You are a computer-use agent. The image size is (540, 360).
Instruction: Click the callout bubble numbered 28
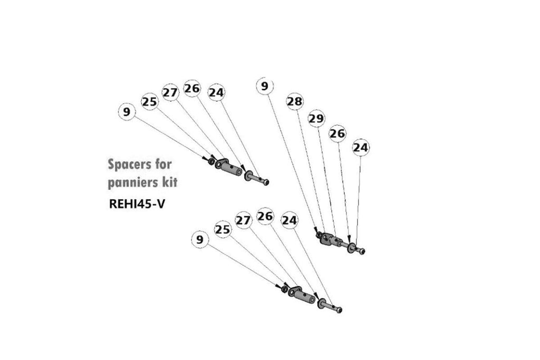(x=295, y=102)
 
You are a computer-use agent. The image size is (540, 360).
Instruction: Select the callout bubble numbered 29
(x=316, y=119)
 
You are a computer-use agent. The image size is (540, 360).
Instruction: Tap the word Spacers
(x=130, y=165)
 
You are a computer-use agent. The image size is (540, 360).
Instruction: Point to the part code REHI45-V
(x=137, y=204)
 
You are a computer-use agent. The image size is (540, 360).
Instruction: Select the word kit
(x=170, y=182)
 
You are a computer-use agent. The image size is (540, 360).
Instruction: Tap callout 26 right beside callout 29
(x=337, y=133)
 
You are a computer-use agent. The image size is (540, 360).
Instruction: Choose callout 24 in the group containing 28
(x=361, y=147)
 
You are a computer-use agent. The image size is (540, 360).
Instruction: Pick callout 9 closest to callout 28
(x=265, y=86)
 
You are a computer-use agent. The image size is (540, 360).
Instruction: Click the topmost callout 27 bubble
(x=170, y=93)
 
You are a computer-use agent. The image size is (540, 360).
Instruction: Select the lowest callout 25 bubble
(x=223, y=229)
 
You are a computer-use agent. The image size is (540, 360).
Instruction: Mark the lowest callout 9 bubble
(x=200, y=239)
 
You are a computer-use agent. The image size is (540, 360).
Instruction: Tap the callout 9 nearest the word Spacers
(x=127, y=112)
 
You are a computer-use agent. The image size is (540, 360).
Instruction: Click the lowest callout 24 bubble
(x=290, y=220)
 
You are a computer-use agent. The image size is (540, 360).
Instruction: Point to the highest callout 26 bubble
(x=192, y=89)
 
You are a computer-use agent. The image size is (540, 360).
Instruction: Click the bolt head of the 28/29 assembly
(x=362, y=251)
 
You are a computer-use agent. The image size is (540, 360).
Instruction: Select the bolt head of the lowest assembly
(x=339, y=310)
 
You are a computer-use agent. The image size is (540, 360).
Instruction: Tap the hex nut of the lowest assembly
(x=284, y=289)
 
